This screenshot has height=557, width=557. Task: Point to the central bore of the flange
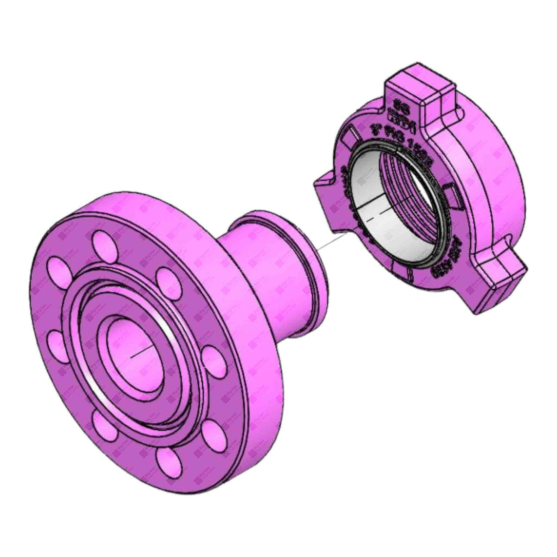click(x=135, y=346)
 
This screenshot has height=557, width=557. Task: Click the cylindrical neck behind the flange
click(x=260, y=278)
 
